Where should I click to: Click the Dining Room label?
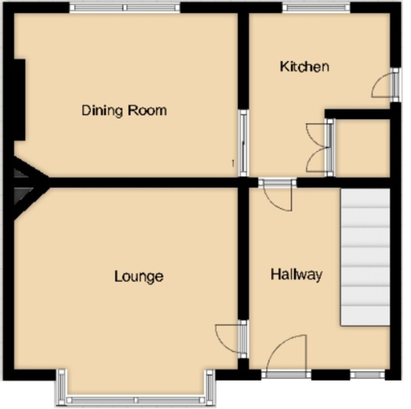pos(124,111)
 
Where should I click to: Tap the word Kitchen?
pos(304,66)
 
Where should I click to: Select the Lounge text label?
pos(139,276)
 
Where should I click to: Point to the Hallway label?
pos(296,274)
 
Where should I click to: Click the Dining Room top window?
pos(125,8)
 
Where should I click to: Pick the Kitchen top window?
pos(316,8)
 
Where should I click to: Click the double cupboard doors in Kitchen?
pos(319,148)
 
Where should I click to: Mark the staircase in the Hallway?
pos(365,257)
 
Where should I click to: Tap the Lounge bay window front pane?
pos(136,400)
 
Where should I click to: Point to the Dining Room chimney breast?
pos(20,99)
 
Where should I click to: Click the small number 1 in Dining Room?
pos(233,163)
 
